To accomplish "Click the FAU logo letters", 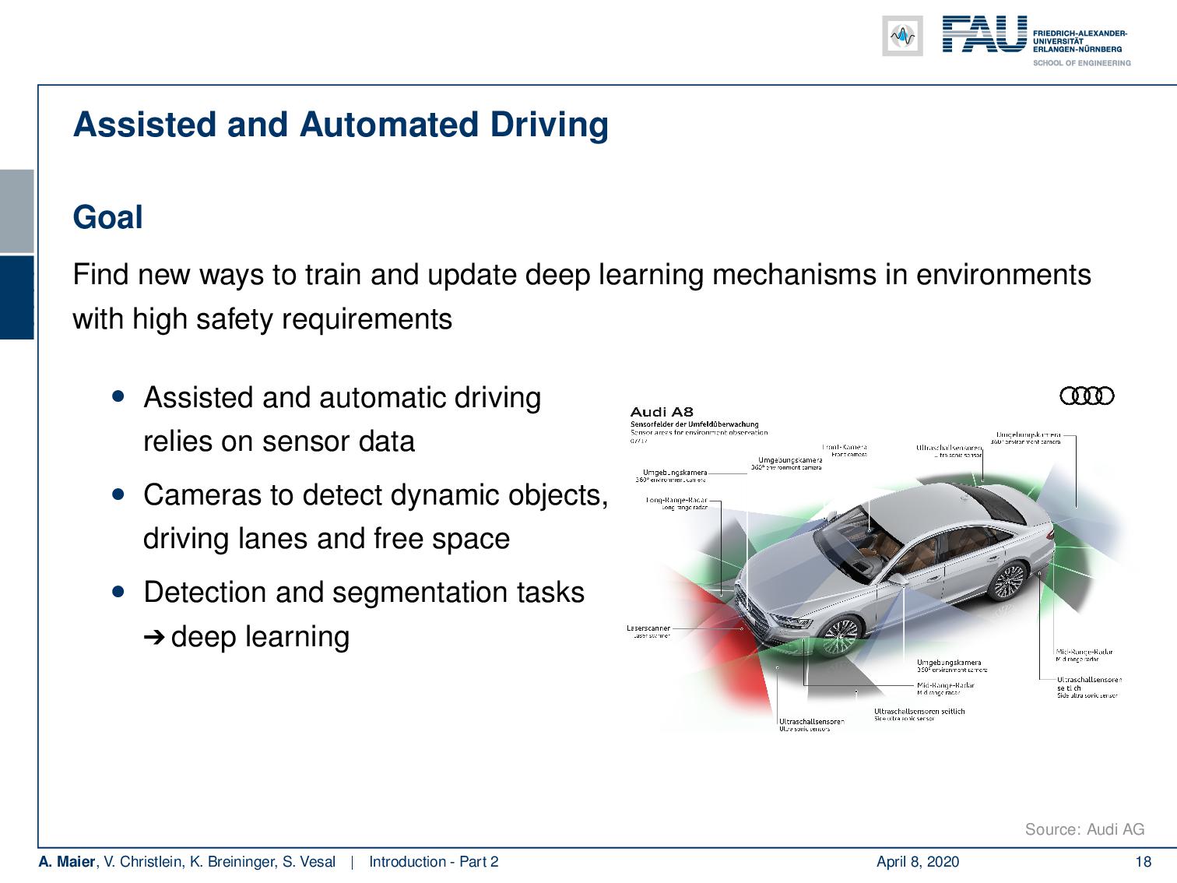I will (x=984, y=35).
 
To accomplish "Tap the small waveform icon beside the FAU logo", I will (x=902, y=36).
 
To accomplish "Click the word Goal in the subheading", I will (x=107, y=217).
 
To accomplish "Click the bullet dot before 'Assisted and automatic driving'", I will (x=118, y=396).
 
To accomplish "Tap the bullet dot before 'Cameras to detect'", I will (x=118, y=494).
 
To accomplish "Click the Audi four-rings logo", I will (x=1087, y=396).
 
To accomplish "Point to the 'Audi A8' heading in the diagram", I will (x=661, y=412).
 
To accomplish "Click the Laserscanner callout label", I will (x=648, y=628).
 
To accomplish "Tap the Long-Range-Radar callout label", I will (x=676, y=501).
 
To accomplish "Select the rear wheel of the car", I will (x=1010, y=581).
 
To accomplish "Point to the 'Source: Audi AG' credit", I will (x=1084, y=829).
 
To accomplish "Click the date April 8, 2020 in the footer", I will (x=917, y=862).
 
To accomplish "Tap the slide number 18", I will (x=1143, y=862).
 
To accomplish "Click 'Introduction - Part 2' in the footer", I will (x=434, y=862).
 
